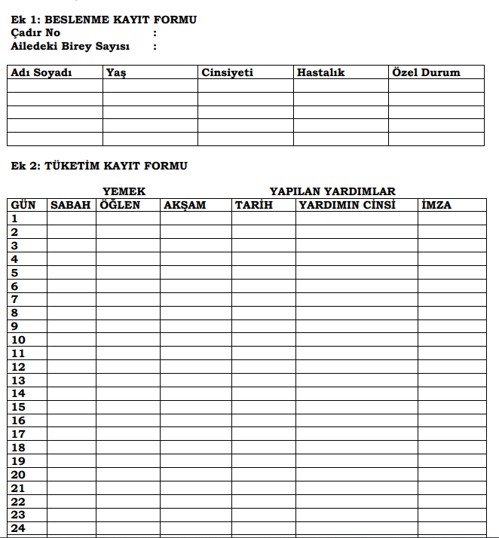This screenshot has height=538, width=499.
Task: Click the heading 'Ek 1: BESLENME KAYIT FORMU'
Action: [x=103, y=20]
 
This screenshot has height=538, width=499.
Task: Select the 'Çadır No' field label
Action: [x=35, y=33]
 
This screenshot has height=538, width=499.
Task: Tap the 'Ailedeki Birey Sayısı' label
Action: [x=70, y=47]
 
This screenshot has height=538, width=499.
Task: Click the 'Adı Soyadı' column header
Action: [x=41, y=73]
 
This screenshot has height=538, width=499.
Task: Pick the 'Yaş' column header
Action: [x=115, y=73]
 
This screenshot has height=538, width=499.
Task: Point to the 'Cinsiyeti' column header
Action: [x=227, y=73]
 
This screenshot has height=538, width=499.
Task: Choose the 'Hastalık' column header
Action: [x=320, y=73]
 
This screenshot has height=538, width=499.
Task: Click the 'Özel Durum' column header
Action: [x=426, y=73]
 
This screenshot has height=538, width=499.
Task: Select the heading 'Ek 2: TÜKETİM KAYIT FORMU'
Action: [x=99, y=166]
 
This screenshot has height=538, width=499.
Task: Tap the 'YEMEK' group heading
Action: [x=124, y=191]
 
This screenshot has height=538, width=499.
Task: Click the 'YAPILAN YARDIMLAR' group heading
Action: [x=332, y=191]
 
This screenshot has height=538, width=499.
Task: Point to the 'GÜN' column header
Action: [x=23, y=205]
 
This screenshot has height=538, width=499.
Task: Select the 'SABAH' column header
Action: [x=70, y=205]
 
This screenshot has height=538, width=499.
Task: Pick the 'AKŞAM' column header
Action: [x=185, y=205]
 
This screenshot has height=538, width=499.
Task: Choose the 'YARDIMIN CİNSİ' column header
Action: [x=347, y=205]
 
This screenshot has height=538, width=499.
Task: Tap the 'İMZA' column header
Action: [x=436, y=205]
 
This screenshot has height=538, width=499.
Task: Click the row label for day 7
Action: [x=14, y=299]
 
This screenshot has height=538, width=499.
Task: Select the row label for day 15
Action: [x=18, y=407]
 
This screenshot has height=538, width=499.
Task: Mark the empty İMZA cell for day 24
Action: [x=452, y=528]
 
